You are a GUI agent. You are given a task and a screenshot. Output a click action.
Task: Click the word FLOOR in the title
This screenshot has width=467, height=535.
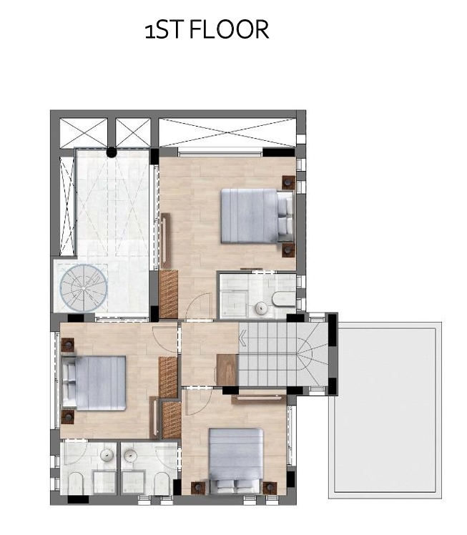tap(229, 29)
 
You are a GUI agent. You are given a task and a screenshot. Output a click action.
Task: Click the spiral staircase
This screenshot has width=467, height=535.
tap(84, 288)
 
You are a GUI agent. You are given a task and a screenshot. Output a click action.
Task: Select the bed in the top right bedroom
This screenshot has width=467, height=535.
tap(257, 216)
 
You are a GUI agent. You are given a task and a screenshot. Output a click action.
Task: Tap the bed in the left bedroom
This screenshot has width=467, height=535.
tap(94, 383)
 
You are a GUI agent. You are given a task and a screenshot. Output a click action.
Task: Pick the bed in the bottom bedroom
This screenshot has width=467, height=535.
tap(236, 461)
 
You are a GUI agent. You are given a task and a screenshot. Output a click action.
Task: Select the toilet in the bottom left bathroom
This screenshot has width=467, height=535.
tap(75, 483)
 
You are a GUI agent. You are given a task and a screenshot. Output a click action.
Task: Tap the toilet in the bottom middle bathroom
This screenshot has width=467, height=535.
tap(162, 483)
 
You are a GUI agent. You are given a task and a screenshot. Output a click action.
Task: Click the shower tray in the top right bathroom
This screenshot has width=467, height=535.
tap(235, 303)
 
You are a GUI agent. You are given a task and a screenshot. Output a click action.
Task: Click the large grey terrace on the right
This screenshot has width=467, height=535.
tap(385, 411)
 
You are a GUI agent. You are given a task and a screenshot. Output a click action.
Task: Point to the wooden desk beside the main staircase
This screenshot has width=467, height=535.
tap(227, 370)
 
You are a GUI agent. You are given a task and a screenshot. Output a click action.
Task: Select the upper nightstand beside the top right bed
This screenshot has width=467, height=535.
tap(289, 182)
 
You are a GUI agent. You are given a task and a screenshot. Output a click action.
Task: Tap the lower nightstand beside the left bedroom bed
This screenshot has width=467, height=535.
tap(67, 417)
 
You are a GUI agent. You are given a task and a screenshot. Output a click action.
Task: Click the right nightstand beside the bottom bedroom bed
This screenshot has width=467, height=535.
tap(270, 488)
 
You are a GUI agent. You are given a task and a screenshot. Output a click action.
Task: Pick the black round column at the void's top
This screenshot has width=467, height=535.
tap(111, 152)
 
